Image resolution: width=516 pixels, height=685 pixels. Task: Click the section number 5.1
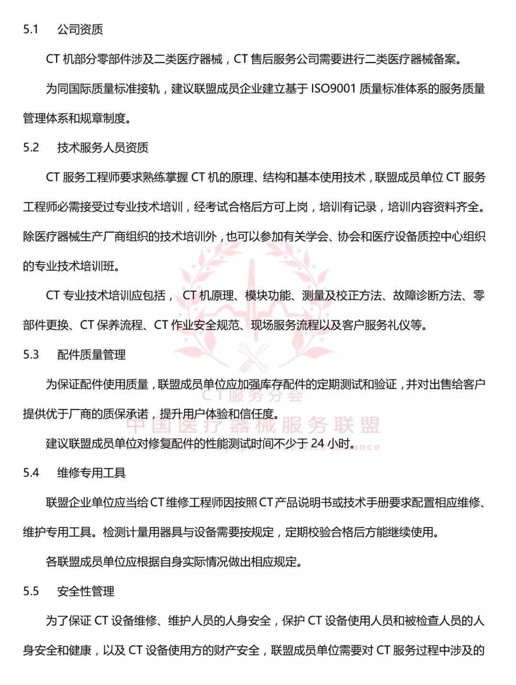(x=31, y=30)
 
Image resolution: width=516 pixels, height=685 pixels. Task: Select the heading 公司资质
(x=80, y=30)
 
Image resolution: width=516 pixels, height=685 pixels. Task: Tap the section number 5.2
(x=31, y=147)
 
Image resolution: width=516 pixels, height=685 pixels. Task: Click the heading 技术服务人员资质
(x=103, y=147)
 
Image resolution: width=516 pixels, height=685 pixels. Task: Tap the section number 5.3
(x=31, y=354)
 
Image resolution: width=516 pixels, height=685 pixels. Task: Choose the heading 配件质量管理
(x=91, y=354)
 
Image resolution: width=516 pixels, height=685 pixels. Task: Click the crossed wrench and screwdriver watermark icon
(x=254, y=357)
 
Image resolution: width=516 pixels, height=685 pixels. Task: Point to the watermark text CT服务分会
(x=252, y=395)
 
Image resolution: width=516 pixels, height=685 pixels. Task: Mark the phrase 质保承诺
(x=126, y=414)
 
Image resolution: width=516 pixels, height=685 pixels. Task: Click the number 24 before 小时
(x=318, y=444)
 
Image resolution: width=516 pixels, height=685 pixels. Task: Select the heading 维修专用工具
(x=91, y=473)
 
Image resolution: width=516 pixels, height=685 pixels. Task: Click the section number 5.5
(x=31, y=591)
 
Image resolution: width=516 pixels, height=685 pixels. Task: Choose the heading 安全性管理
(x=86, y=591)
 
